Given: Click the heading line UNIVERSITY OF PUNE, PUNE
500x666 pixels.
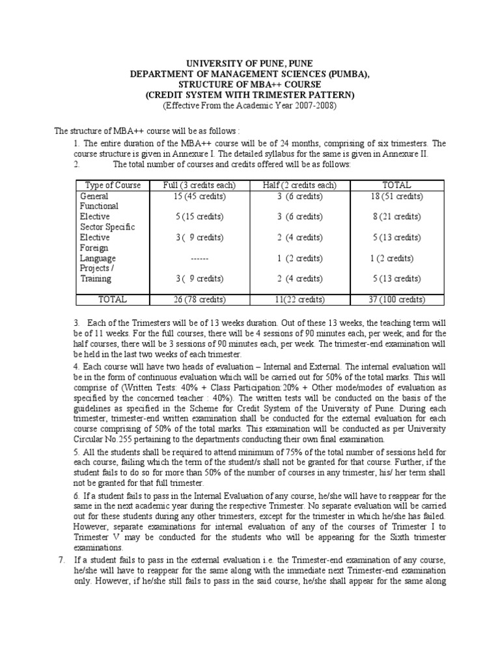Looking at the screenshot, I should coord(249,63).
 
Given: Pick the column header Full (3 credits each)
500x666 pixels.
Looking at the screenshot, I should coord(199,185).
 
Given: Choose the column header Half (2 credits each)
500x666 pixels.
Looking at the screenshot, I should coord(299,185).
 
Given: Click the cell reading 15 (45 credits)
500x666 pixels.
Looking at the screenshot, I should coord(199,196).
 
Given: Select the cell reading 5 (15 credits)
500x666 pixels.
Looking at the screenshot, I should coord(199,217).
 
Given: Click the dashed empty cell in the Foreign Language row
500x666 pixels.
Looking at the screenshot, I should coord(199,258).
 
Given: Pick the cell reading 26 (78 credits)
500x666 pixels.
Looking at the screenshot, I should coord(199,300).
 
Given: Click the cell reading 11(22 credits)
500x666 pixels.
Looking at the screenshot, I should coord(299,300).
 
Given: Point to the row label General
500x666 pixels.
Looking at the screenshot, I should coord(94,196).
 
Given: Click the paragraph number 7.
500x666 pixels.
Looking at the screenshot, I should coord(61,561).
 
